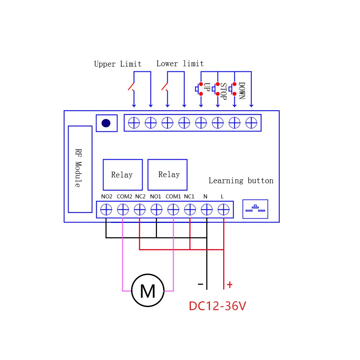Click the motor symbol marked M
tap(148, 290)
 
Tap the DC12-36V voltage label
tap(217, 306)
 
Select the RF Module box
tap(80, 169)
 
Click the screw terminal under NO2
tap(106, 210)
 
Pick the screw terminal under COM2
tap(123, 210)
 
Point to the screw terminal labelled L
tap(224, 210)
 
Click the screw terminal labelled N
tap(207, 210)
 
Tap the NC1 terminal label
tap(189, 197)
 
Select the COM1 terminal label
tap(173, 197)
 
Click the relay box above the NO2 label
tap(123, 175)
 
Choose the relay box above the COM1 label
tap(168, 175)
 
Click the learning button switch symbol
tap(255, 209)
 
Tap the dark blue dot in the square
tap(106, 123)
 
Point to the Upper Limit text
tap(118, 64)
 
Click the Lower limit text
tap(180, 64)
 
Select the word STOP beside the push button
tap(224, 91)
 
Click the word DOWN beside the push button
tap(242, 91)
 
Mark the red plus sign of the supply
tap(230, 285)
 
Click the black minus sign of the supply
tap(201, 284)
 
